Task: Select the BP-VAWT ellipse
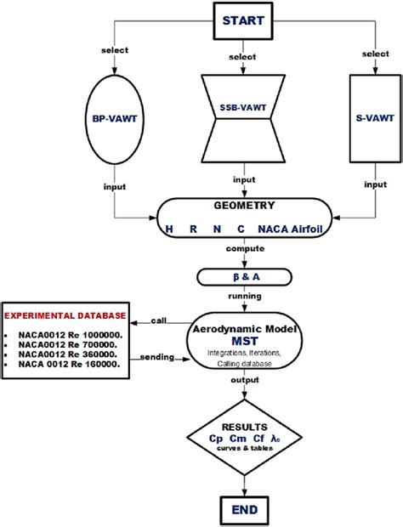point(116,121)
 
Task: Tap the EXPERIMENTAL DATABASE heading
point(64,315)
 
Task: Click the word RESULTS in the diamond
point(244,428)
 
